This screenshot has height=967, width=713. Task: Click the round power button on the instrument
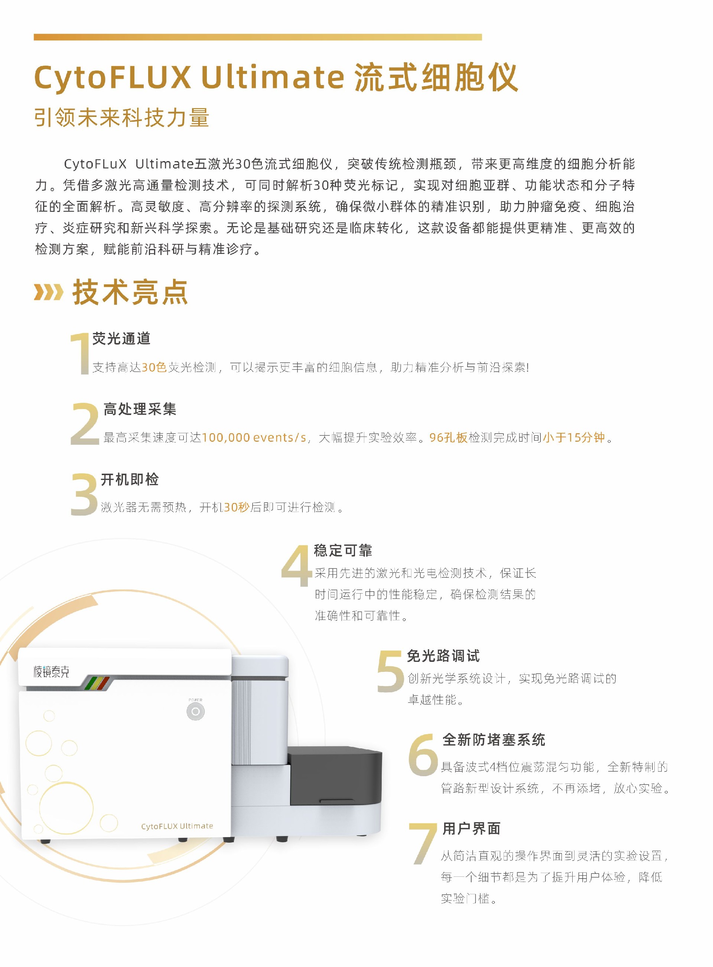click(x=195, y=711)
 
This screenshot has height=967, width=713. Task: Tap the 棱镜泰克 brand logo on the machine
click(x=51, y=672)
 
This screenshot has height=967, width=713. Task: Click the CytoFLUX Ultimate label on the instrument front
click(x=177, y=826)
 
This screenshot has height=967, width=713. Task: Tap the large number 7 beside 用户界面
click(x=423, y=843)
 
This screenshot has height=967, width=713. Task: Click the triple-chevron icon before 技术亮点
click(x=49, y=292)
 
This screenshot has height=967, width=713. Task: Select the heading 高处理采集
click(x=140, y=409)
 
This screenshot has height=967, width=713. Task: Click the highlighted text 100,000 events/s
click(x=254, y=437)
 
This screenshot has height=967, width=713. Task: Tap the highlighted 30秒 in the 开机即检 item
click(x=237, y=507)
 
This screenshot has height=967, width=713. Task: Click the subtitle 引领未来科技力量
click(x=122, y=117)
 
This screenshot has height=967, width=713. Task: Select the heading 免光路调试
click(x=443, y=656)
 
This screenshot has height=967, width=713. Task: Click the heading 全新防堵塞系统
click(x=494, y=740)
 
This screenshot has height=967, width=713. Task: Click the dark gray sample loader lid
click(x=335, y=776)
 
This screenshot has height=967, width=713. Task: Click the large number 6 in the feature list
click(x=423, y=754)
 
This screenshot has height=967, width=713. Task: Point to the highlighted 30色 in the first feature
click(x=154, y=367)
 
